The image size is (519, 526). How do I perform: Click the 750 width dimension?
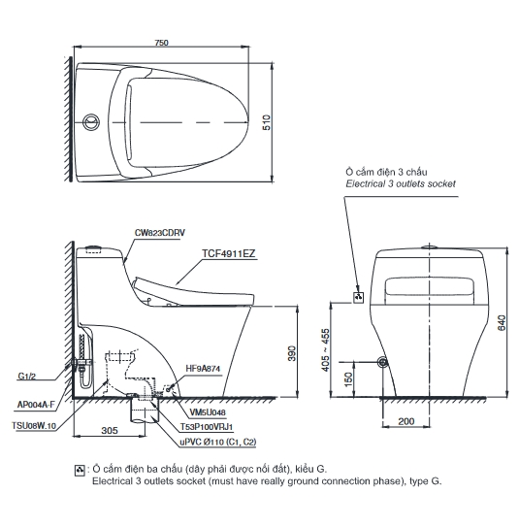[161, 43]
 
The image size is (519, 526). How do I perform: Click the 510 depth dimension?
[267, 122]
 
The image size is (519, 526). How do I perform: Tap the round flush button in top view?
[91, 122]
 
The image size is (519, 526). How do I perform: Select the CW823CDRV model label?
[160, 233]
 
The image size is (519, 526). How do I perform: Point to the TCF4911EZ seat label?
[229, 253]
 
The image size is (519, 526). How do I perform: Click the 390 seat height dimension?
[292, 353]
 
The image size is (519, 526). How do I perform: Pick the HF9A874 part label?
[203, 369]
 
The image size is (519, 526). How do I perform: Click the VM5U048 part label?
[208, 412]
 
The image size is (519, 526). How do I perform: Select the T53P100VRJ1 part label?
[207, 427]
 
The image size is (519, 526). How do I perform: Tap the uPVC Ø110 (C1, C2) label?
[218, 443]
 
